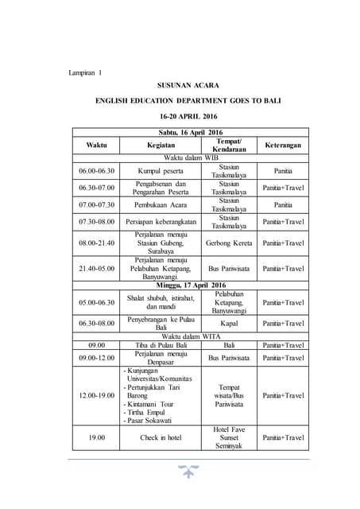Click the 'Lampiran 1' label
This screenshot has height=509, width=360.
(x=85, y=73)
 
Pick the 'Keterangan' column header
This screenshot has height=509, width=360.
(x=283, y=146)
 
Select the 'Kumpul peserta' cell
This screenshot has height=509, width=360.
(x=161, y=170)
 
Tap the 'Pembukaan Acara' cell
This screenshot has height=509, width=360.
(x=161, y=204)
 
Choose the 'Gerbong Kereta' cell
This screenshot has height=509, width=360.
(x=229, y=243)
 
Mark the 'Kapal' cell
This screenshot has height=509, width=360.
(x=229, y=324)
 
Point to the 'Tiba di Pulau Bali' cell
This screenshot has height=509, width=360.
(x=161, y=346)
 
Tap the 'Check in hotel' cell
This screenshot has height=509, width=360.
(x=161, y=437)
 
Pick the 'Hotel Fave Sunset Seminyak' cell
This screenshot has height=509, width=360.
(x=229, y=437)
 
